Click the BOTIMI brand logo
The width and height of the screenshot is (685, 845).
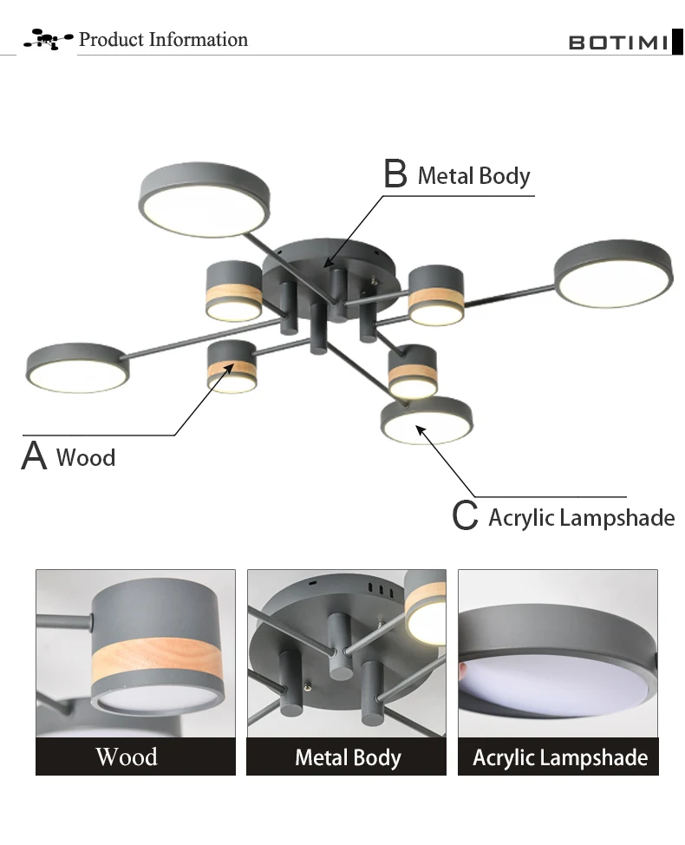tap(625, 42)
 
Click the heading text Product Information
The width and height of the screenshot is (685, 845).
tap(163, 39)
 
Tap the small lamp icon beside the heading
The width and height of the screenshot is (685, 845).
tap(48, 39)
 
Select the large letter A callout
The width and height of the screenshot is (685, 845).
tap(34, 456)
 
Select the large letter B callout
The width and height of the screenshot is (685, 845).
tap(395, 173)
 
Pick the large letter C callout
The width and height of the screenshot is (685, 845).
tap(465, 515)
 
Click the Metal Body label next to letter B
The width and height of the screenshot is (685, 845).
tap(474, 176)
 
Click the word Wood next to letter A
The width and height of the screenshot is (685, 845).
tap(86, 457)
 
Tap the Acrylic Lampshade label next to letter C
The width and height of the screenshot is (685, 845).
tap(582, 518)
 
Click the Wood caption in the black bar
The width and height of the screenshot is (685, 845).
tap(127, 757)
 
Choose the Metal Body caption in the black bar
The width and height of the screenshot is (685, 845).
tap(348, 757)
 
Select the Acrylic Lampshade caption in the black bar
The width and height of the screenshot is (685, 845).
tap(560, 757)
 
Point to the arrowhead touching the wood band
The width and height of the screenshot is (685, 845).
tap(230, 368)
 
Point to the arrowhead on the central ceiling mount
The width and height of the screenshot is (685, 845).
tap(328, 263)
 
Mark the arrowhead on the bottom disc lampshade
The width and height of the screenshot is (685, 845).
tap(421, 430)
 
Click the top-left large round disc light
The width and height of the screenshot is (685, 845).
tap(204, 200)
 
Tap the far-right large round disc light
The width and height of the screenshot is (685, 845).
tap(613, 273)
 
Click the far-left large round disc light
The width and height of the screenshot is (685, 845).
tap(77, 368)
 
